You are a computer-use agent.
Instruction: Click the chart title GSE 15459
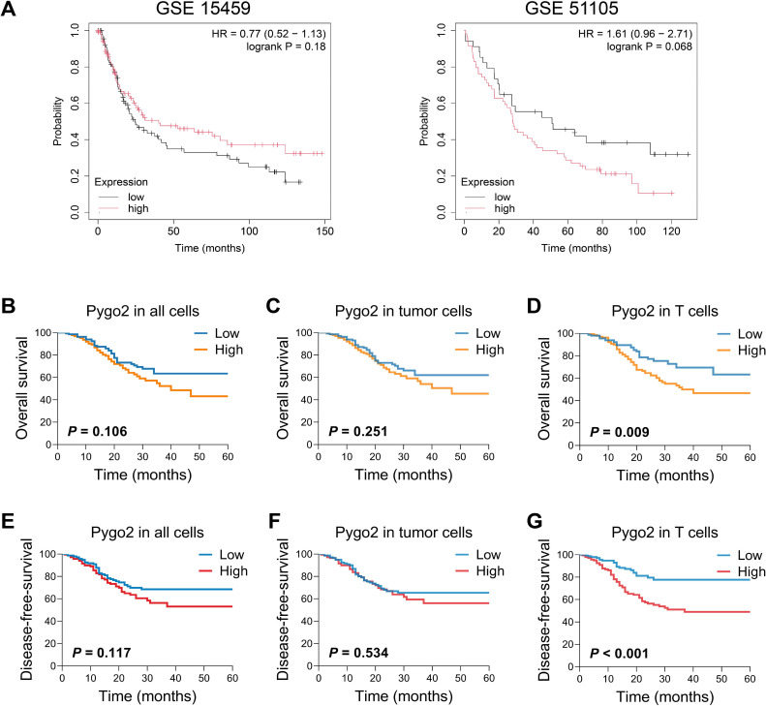click(202, 8)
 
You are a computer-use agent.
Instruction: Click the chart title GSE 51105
click(571, 8)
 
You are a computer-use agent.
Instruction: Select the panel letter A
click(9, 9)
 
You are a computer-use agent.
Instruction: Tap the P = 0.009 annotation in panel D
click(620, 432)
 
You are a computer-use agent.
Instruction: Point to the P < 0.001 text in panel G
click(619, 654)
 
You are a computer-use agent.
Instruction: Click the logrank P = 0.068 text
click(649, 46)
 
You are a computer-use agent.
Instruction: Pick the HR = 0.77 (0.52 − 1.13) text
click(268, 34)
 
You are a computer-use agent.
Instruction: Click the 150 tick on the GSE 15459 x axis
click(324, 231)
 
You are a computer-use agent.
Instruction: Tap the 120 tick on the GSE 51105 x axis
click(671, 231)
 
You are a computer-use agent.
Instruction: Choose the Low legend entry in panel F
click(478, 555)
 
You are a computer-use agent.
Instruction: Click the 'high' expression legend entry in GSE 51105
click(489, 208)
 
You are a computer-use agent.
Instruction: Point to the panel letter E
click(8, 521)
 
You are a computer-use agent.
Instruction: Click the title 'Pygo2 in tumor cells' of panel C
click(404, 311)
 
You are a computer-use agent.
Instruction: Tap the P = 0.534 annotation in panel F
click(358, 653)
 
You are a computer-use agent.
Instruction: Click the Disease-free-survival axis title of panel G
click(543, 610)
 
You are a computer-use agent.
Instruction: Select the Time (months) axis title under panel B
click(142, 475)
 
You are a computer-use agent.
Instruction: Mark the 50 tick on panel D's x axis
click(721, 458)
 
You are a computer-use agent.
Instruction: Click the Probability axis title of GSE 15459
click(58, 121)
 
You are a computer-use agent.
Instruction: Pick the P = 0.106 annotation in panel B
click(97, 431)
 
